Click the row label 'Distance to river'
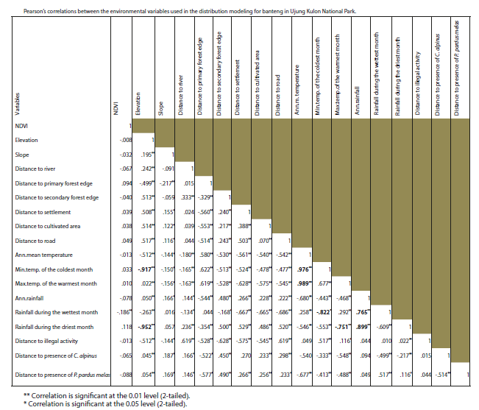pyautogui.click(x=35, y=169)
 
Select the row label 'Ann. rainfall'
pyautogui.click(x=31, y=297)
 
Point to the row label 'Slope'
pyautogui.click(x=23, y=155)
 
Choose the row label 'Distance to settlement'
pyautogui.click(x=43, y=211)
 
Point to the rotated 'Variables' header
pyautogui.click(x=17, y=104)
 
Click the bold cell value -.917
pyautogui.click(x=146, y=269)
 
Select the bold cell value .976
pyautogui.click(x=303, y=269)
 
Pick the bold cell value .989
pyautogui.click(x=303, y=283)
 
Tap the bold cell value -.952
pyautogui.click(x=146, y=326)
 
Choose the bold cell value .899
pyautogui.click(x=363, y=326)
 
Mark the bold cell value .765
pyautogui.click(x=363, y=312)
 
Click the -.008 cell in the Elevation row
pyautogui.click(x=126, y=140)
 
